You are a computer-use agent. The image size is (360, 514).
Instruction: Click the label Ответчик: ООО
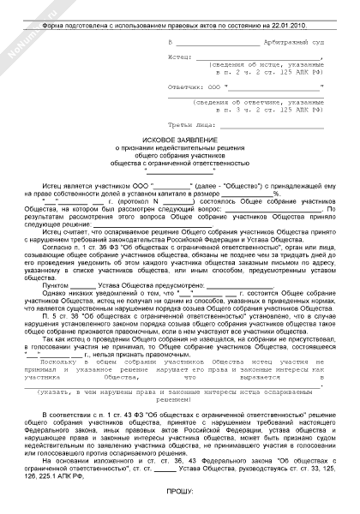click(194, 88)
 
